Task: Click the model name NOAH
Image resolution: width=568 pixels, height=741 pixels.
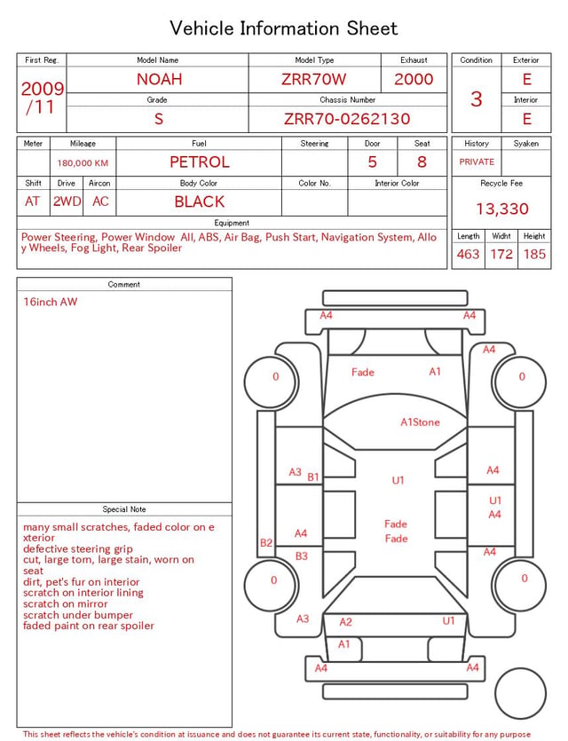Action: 159,79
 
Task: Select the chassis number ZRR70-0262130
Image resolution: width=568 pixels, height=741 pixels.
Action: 347,119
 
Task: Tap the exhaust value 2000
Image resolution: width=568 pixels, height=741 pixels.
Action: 414,79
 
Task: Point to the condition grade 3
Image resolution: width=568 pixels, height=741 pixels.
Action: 477,99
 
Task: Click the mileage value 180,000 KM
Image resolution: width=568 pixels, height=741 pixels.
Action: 83,163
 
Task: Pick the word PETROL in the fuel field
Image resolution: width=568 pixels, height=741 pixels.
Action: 200,162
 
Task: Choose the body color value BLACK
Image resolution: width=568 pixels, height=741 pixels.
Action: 200,201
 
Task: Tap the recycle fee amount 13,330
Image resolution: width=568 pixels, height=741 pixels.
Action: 501,209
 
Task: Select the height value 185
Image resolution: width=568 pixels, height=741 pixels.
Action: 534,254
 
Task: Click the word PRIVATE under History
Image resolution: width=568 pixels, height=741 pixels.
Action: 477,162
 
